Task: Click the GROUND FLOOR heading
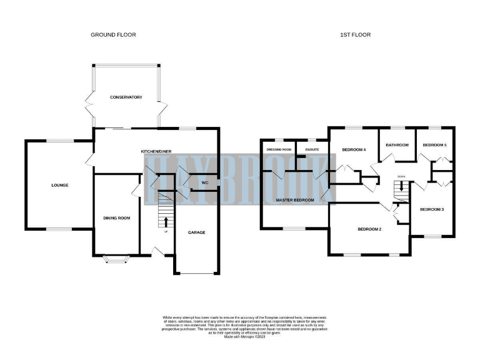click(x=113, y=35)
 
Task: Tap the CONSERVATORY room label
click(x=126, y=97)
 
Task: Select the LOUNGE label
click(x=60, y=186)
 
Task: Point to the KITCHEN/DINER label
click(x=156, y=152)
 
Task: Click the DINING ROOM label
click(x=116, y=218)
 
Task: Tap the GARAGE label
click(x=197, y=232)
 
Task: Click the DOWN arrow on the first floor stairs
click(x=401, y=186)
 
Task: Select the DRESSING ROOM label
click(x=279, y=150)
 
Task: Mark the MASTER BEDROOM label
click(x=295, y=200)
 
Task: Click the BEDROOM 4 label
click(x=354, y=150)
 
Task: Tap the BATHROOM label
click(x=397, y=145)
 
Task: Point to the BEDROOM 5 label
click(x=435, y=145)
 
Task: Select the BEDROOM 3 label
click(x=432, y=209)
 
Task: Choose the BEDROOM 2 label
click(x=369, y=229)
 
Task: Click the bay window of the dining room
click(x=116, y=258)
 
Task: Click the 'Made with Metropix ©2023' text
click(x=240, y=336)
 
